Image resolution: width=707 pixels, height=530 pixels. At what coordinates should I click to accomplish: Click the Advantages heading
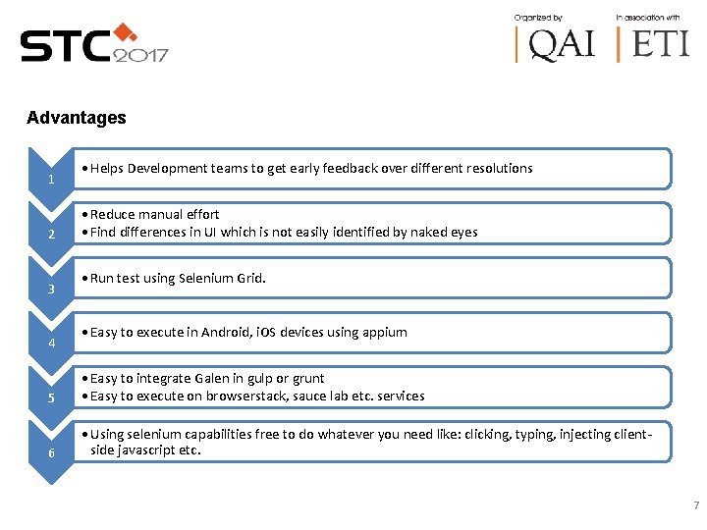(x=77, y=118)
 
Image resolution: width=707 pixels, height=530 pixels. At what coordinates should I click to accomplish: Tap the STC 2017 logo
(x=94, y=44)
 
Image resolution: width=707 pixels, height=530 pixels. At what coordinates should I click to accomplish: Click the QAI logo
(x=558, y=44)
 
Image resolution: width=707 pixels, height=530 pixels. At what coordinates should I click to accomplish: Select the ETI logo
(x=653, y=44)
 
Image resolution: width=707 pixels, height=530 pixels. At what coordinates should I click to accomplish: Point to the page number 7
(x=696, y=505)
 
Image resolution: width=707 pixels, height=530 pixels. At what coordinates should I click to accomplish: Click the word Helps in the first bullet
(x=109, y=168)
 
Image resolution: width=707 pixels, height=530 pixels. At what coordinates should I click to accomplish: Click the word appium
(x=384, y=332)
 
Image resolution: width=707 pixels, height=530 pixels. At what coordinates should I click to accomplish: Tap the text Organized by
(x=538, y=18)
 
